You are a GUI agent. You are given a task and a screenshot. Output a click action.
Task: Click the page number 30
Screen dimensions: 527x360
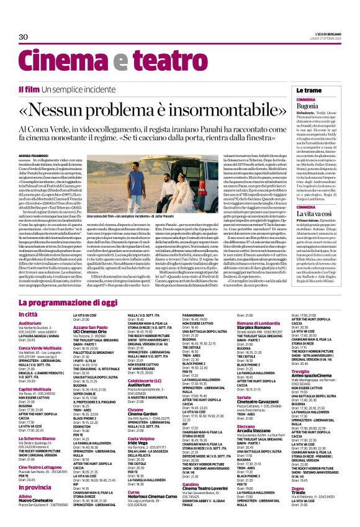(x=24, y=37)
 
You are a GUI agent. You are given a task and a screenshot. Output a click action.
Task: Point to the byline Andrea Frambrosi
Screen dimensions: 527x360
(x=32, y=155)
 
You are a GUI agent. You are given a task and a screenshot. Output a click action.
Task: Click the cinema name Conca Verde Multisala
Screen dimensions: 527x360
(x=40, y=348)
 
